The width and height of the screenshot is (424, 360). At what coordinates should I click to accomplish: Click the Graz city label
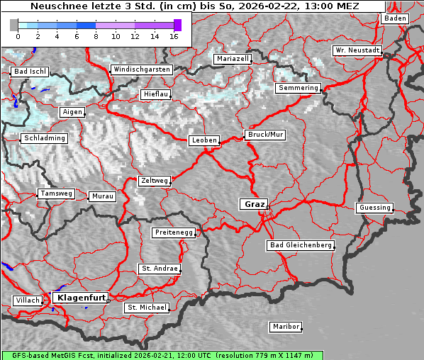(254, 204)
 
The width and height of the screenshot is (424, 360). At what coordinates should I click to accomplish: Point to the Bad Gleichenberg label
(300, 245)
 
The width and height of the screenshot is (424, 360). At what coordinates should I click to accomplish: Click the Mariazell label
(233, 59)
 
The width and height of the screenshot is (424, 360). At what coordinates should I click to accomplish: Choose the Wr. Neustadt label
(357, 50)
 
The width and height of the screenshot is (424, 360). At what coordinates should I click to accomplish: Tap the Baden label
(396, 18)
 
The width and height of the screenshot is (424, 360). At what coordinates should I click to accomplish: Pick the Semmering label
(299, 88)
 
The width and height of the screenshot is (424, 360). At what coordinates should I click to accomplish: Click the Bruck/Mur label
(264, 135)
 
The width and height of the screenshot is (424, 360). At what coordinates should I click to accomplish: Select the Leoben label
(204, 140)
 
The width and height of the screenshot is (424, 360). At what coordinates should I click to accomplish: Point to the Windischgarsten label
(141, 69)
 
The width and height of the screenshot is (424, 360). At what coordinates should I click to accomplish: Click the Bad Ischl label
(30, 72)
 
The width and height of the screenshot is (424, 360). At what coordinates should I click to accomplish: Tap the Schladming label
(44, 138)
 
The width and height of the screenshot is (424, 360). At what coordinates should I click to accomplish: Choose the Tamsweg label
(56, 193)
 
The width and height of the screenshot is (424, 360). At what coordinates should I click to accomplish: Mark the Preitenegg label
(174, 232)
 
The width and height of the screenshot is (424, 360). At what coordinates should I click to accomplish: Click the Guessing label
(374, 208)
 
